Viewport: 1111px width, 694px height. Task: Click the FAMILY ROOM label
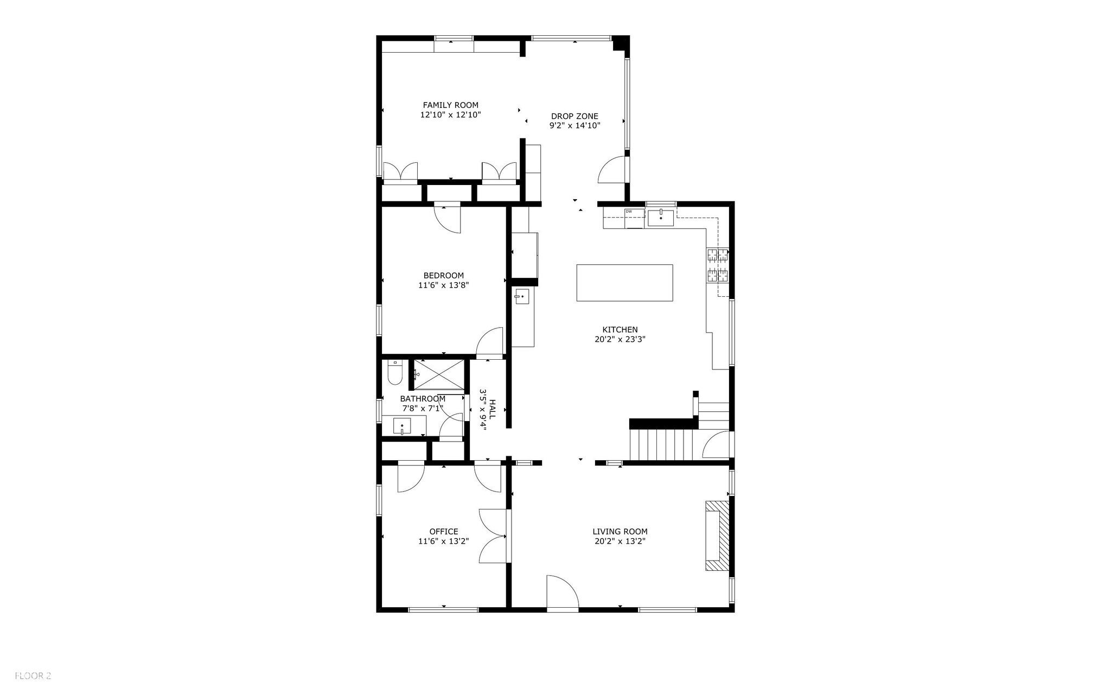tap(450, 105)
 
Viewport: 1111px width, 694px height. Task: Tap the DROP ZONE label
tap(574, 116)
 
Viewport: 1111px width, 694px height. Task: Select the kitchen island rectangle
tap(624, 283)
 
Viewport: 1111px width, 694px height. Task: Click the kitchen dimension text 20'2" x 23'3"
tap(620, 340)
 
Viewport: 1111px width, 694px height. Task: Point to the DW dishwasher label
tap(629, 211)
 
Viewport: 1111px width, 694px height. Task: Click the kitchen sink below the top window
tap(660, 218)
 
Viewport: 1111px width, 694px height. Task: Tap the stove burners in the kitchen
tap(718, 265)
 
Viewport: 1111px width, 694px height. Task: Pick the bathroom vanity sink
tap(402, 426)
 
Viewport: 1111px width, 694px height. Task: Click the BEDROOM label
tap(443, 275)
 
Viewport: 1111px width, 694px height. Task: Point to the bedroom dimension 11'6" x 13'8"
tap(443, 285)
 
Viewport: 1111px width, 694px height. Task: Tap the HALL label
tap(492, 409)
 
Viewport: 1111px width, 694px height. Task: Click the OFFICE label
tap(443, 532)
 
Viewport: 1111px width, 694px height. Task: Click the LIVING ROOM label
tap(620, 532)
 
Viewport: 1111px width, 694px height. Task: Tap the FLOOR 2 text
tap(33, 676)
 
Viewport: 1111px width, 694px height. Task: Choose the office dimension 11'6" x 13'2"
tap(443, 542)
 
